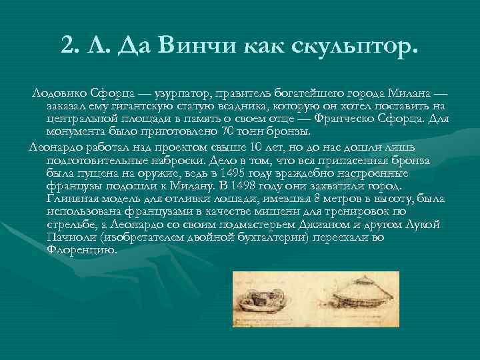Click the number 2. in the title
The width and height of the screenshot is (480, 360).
69,45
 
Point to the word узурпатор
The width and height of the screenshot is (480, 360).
154,95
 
